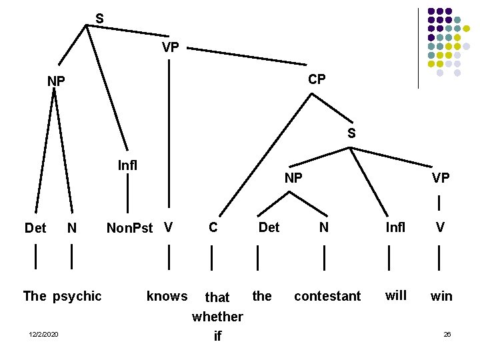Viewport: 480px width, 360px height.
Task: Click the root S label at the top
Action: (99, 19)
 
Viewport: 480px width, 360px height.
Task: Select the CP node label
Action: (317, 79)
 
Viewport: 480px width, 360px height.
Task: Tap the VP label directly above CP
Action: (170, 48)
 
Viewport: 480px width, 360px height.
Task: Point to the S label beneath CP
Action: (351, 133)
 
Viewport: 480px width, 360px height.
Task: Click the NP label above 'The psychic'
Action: (56, 81)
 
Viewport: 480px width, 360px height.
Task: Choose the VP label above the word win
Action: (440, 178)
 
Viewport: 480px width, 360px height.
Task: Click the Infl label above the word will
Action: (395, 228)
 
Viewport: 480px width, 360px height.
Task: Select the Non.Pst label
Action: (130, 228)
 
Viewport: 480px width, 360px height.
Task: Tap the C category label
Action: (213, 228)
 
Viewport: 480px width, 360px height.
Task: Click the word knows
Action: (167, 296)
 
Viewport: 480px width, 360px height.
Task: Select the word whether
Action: (217, 317)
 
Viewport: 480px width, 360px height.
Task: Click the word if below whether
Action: (217, 337)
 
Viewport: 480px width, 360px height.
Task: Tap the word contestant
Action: (327, 296)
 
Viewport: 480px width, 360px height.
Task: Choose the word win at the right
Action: (441, 296)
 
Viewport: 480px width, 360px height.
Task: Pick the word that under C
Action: (217, 297)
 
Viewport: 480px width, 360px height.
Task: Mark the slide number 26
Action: (447, 334)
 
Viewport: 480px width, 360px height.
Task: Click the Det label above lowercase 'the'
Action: (269, 228)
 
